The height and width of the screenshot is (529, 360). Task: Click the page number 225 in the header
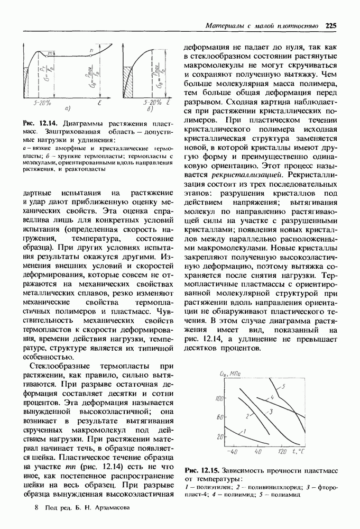pos(331,25)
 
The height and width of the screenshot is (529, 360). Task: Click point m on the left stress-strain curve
pos(51,53)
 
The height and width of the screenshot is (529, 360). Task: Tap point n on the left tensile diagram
pos(91,49)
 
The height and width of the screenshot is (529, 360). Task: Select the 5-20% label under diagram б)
pos(152,102)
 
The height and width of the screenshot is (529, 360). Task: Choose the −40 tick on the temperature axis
pos(232,452)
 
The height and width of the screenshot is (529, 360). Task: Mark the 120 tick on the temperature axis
pos(283,452)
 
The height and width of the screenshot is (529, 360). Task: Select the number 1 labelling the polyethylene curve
pos(244,431)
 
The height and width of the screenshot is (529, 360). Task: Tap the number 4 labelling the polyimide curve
pos(272,396)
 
